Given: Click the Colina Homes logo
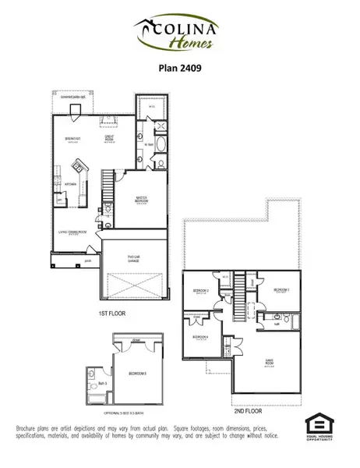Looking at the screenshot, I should [x=180, y=33].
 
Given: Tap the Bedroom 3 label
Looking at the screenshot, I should [x=281, y=290].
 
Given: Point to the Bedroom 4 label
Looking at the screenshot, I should [x=200, y=337].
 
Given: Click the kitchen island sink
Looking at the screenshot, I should [x=79, y=167].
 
